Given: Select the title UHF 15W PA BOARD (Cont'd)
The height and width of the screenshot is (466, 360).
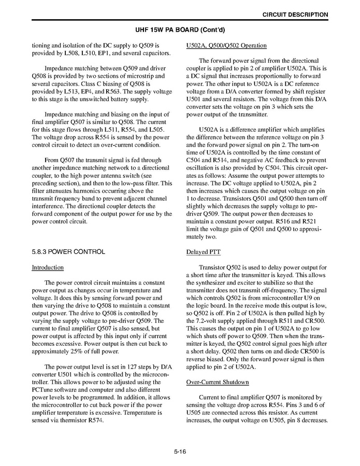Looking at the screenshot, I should click(180, 30).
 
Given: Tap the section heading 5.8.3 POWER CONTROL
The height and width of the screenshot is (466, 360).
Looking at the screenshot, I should click(68, 252).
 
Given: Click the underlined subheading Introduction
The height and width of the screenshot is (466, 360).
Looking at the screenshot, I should click(48, 267).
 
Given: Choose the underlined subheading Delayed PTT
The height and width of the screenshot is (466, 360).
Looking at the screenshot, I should click(203, 252).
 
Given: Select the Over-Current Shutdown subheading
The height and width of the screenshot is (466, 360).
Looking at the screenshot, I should click(218, 383).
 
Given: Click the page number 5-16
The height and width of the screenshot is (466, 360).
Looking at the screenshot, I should click(180, 452).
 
